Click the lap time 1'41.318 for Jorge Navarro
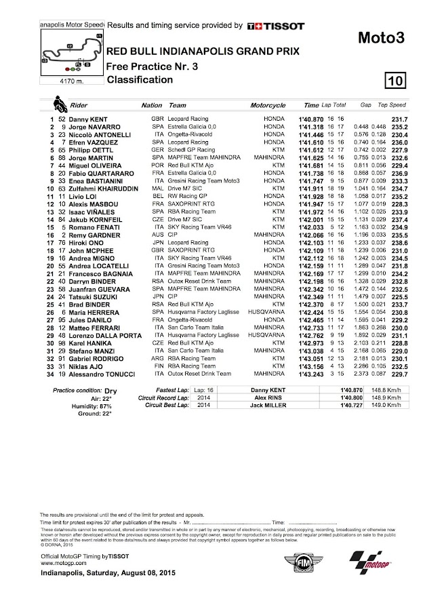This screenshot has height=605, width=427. tap(310, 126)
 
